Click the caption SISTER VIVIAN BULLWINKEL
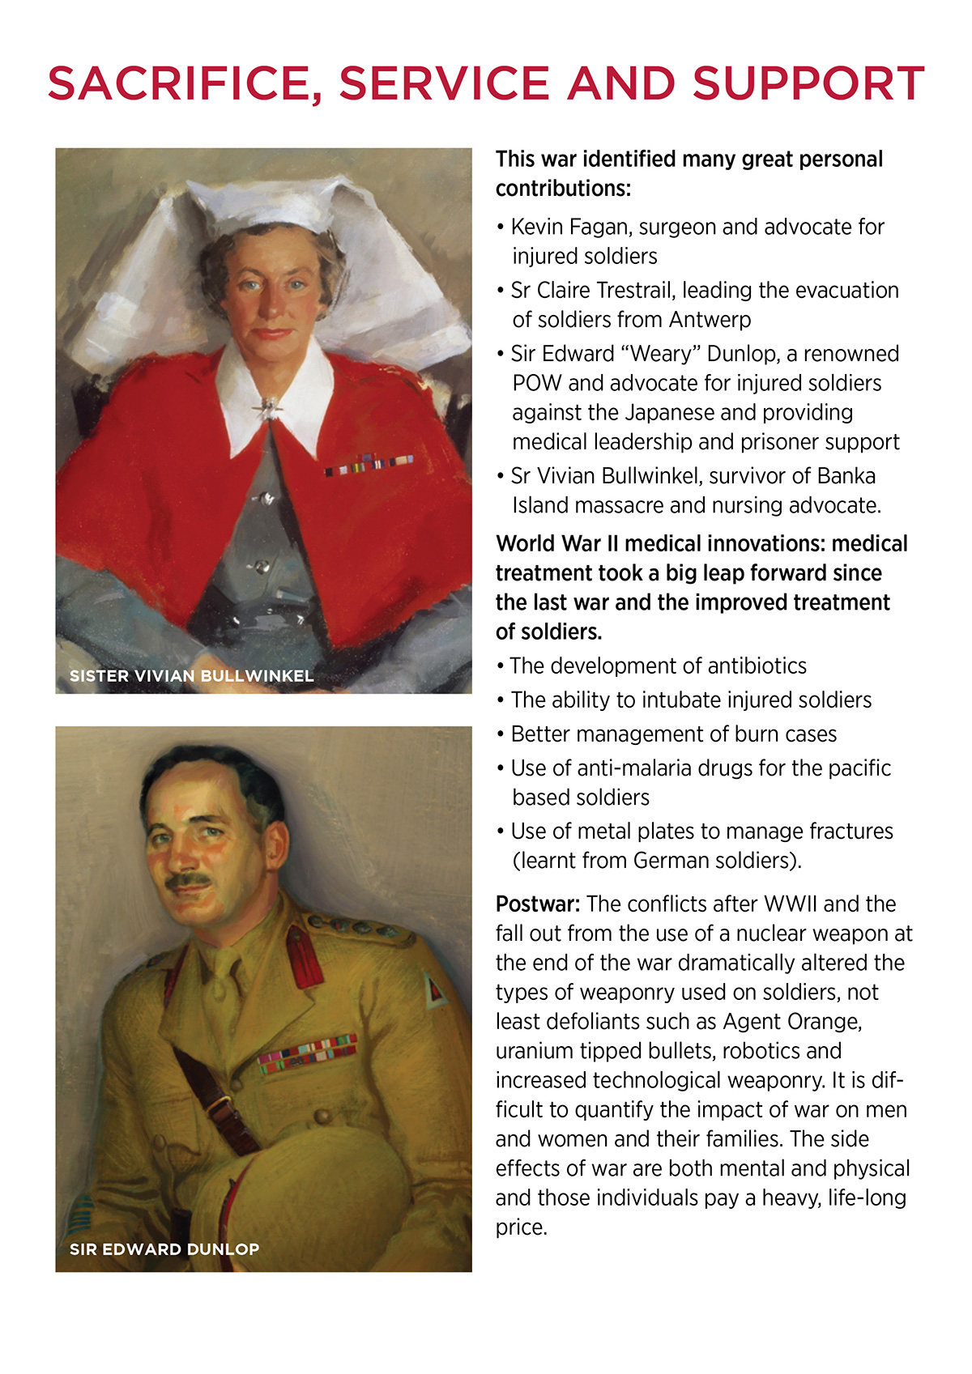click(x=191, y=676)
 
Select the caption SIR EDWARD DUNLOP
click(x=164, y=1249)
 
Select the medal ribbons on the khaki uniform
click(x=307, y=1053)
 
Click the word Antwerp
click(x=710, y=320)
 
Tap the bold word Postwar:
click(x=537, y=904)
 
